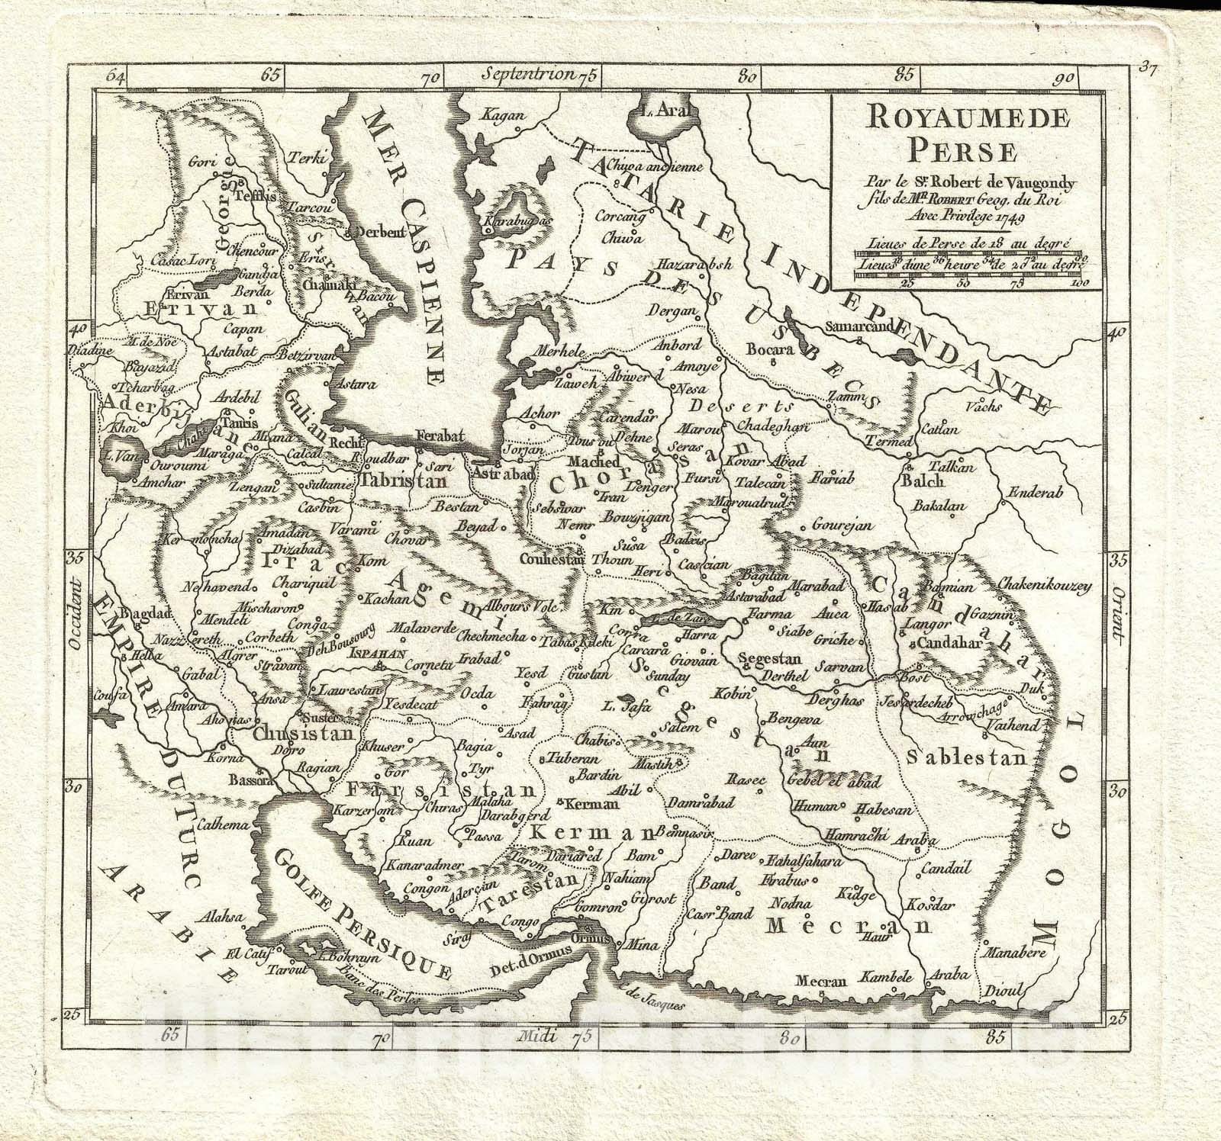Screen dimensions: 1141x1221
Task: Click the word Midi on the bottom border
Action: (536, 1034)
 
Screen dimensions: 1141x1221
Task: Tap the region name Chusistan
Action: (304, 734)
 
